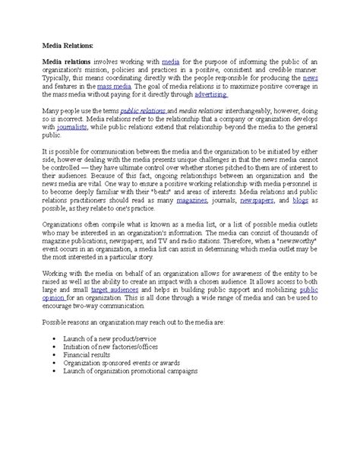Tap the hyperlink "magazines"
pos(193,221)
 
